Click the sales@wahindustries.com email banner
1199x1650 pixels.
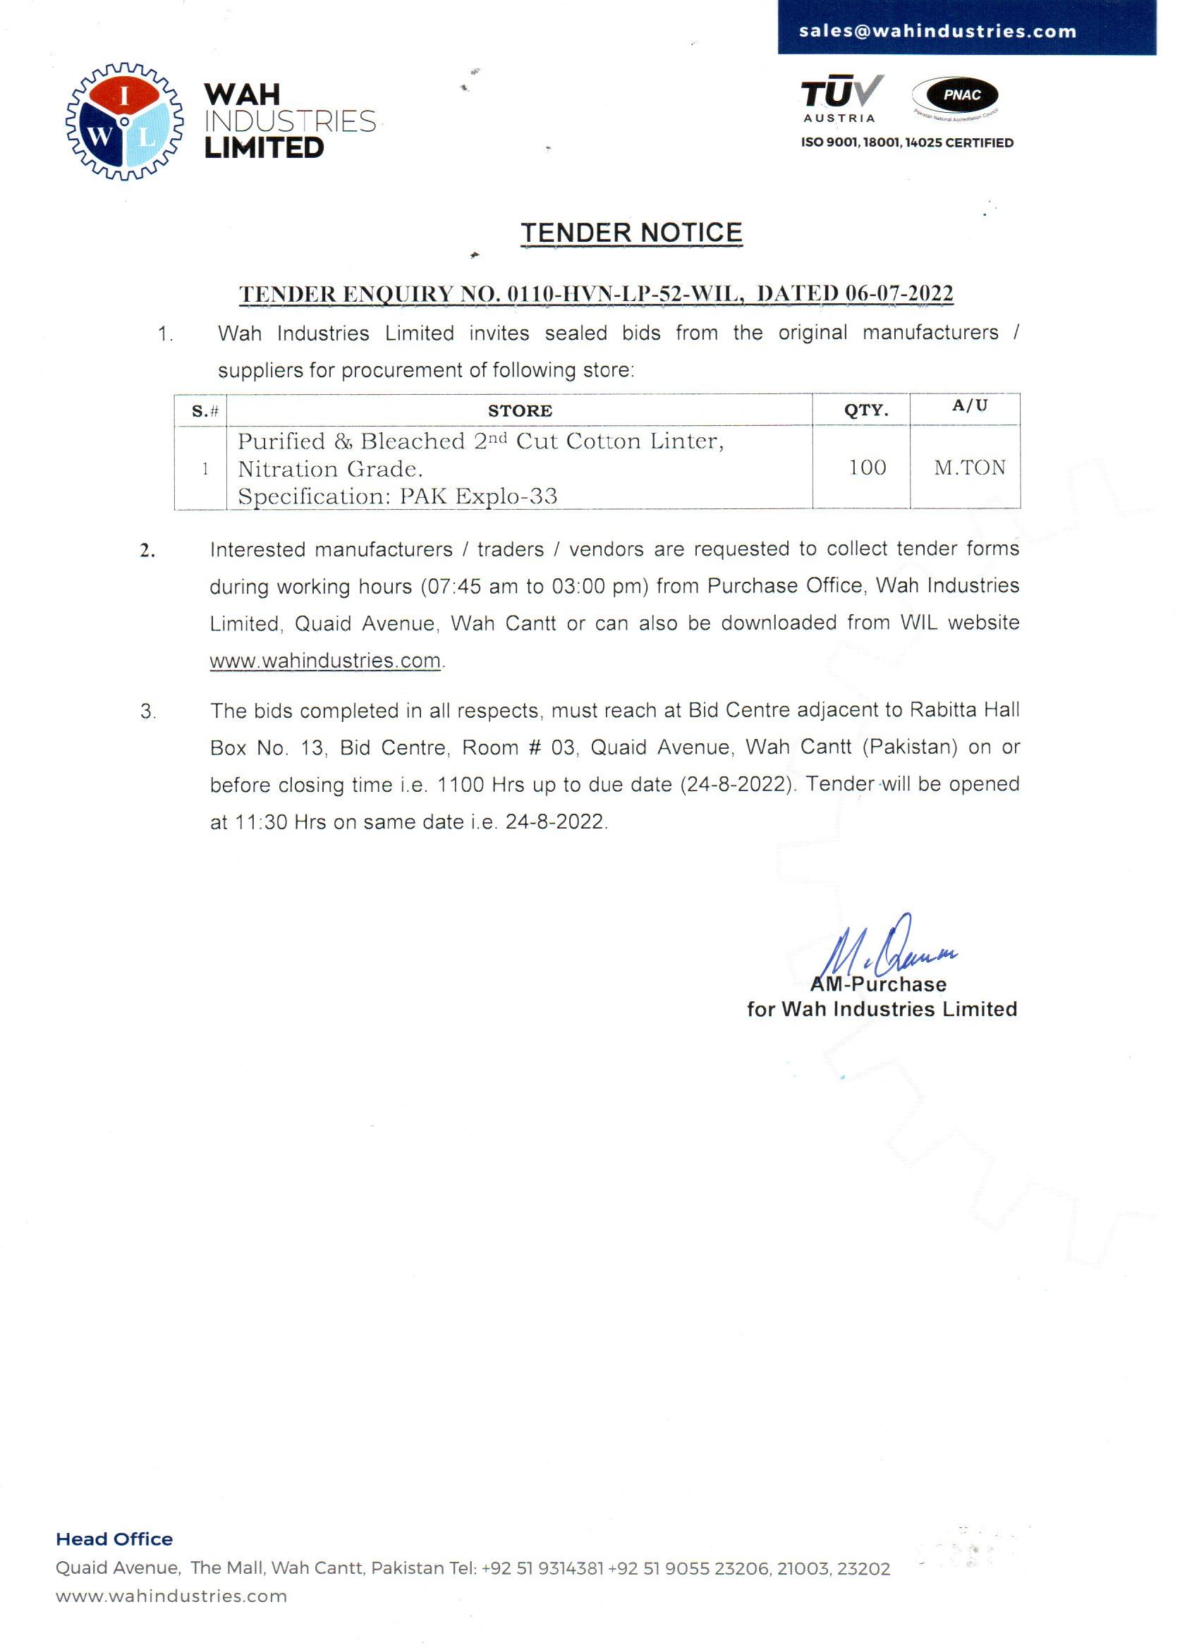(937, 31)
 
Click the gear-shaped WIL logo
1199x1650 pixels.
(124, 121)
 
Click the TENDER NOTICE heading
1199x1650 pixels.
(631, 233)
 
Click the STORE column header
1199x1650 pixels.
(520, 411)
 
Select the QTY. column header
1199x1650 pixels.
(866, 410)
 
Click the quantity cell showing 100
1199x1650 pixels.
(868, 468)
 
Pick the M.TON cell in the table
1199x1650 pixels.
(969, 468)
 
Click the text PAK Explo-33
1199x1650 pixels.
(479, 497)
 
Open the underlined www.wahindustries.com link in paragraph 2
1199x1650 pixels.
(325, 661)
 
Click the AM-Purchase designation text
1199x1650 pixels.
(878, 984)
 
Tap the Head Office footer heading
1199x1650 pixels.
(114, 1539)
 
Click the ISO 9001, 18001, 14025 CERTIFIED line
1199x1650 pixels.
(906, 143)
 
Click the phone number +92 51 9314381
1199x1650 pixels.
(543, 1568)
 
